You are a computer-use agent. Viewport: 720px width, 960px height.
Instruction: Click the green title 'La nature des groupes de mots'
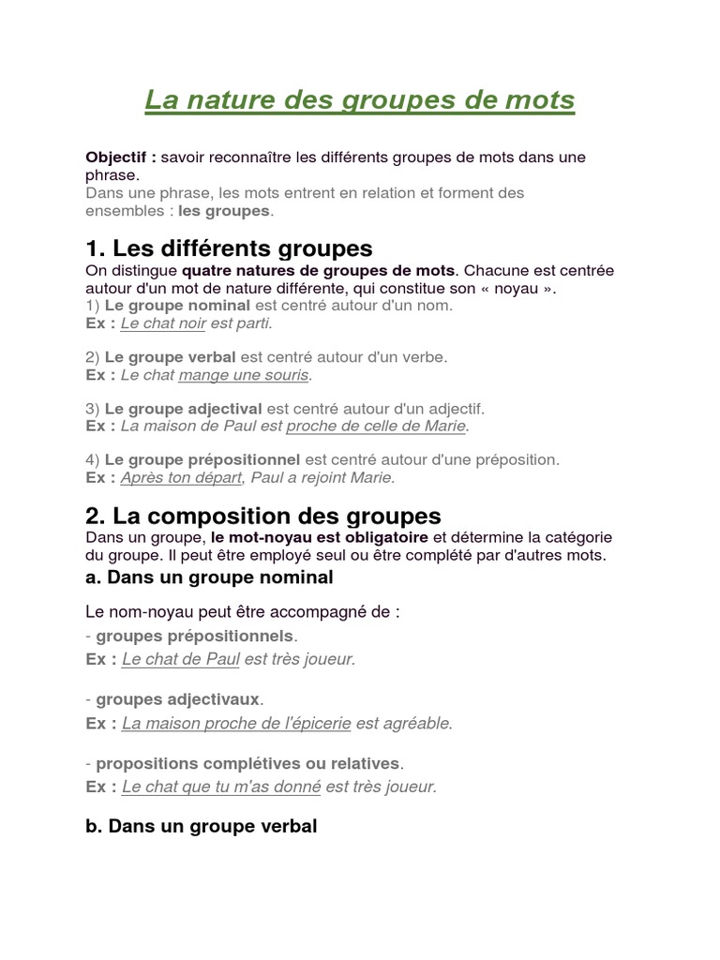point(359,100)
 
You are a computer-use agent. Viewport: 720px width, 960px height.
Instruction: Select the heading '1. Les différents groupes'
point(229,248)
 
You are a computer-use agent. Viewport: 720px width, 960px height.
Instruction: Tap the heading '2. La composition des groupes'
point(262,516)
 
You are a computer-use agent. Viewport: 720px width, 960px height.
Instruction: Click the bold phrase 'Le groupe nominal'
point(177,305)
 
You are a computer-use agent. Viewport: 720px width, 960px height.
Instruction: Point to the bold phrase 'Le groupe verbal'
point(171,357)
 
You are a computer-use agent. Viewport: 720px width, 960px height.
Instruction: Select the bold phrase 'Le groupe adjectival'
point(184,409)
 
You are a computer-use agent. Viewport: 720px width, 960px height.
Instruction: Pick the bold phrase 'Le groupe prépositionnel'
point(202,459)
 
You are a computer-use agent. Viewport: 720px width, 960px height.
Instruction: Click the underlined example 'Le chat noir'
point(163,322)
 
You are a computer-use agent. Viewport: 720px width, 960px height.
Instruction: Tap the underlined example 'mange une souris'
point(243,375)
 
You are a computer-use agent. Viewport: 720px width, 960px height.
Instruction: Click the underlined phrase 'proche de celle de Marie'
point(376,427)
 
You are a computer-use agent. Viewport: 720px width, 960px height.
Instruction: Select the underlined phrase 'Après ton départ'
point(181,477)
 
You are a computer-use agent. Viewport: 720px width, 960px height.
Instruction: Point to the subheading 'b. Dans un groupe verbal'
point(201,827)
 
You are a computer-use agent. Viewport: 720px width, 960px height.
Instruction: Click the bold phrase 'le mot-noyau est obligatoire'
point(319,537)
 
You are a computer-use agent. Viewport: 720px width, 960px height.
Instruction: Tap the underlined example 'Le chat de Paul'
point(181,659)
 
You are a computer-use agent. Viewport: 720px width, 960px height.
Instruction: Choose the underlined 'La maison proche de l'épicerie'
point(236,723)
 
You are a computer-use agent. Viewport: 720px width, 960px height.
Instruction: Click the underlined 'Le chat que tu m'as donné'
point(221,787)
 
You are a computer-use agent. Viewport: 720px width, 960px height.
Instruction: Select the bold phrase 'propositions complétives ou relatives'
point(247,764)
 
